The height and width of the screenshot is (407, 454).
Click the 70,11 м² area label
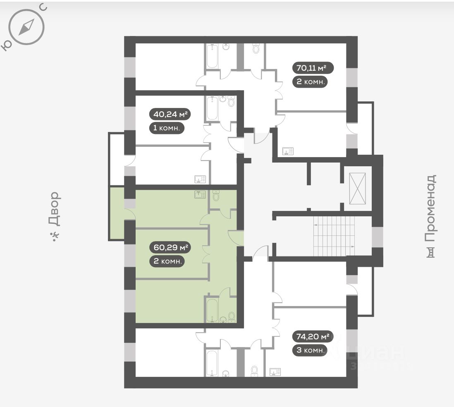tap(313, 67)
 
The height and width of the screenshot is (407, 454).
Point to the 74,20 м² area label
tap(313, 336)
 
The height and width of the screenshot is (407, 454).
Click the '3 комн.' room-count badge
tap(310, 350)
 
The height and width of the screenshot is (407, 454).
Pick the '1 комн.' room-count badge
tap(166, 128)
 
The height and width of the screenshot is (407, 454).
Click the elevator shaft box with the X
tap(357, 189)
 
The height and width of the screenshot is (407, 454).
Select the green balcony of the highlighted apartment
tap(117, 213)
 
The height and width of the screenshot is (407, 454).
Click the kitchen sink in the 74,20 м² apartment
tap(275, 371)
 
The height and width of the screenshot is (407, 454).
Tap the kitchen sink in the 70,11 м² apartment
tap(287, 151)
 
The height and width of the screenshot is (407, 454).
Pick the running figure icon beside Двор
tap(54, 236)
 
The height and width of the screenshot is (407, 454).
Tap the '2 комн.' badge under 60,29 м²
tap(167, 261)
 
